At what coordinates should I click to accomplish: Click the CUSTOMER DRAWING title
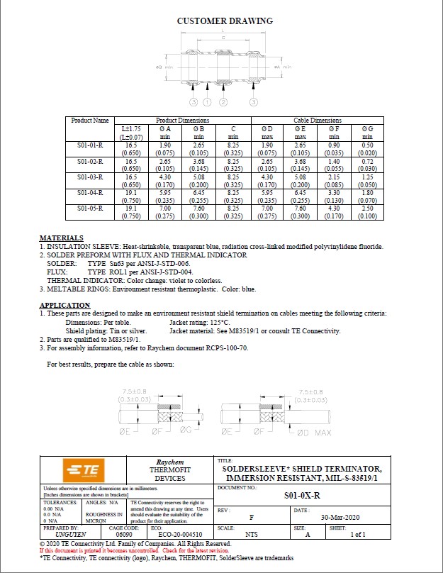tap(224, 21)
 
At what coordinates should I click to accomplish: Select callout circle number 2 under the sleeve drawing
tap(225, 103)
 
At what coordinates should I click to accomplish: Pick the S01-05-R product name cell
tap(90, 208)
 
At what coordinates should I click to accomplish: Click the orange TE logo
tap(82, 470)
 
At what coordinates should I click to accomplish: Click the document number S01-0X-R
tap(306, 497)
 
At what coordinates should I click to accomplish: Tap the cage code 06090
tap(124, 533)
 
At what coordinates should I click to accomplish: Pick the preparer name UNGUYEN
tap(60, 533)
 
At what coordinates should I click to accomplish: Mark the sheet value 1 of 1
tap(358, 533)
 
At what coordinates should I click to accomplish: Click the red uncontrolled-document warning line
tap(134, 550)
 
